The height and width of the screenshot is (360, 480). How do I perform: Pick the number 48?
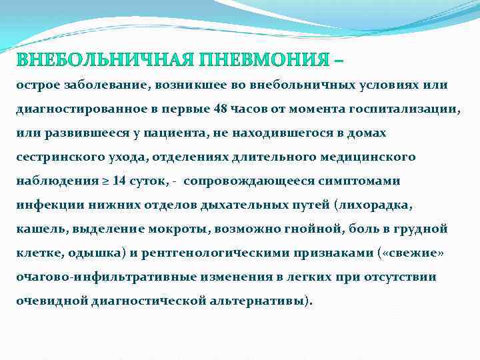[223, 109]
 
